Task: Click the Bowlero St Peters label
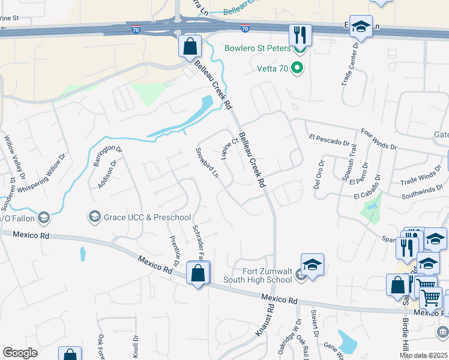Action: tap(258, 48)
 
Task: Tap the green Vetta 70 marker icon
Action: tap(296, 68)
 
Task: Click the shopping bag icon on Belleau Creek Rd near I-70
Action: tap(190, 46)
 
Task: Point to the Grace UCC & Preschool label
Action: tap(147, 217)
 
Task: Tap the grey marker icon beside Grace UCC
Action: tap(94, 216)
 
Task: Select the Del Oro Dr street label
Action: tap(319, 174)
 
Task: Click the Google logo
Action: tap(21, 353)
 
